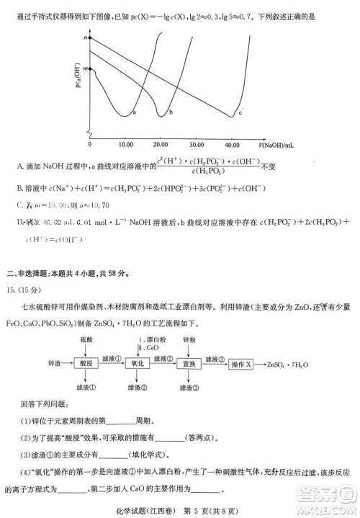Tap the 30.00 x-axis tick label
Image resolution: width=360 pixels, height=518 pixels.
coord(199,144)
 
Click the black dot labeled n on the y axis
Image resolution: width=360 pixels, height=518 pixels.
coord(91,36)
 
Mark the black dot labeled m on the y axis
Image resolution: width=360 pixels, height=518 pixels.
coord(91,68)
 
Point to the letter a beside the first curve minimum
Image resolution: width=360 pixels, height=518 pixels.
coord(135,112)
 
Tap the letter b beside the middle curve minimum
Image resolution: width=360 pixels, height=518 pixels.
coord(171,112)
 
